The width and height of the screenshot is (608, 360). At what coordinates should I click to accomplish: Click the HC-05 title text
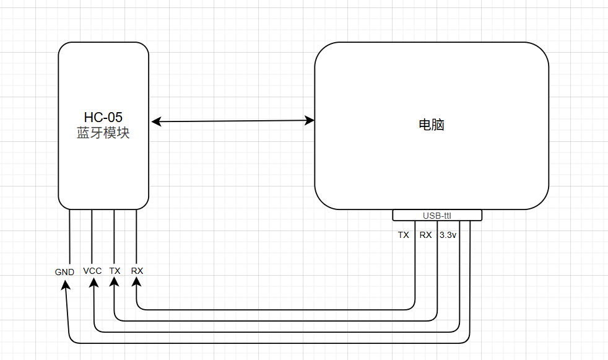pyautogui.click(x=103, y=117)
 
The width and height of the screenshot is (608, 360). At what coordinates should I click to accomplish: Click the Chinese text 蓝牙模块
pyautogui.click(x=103, y=133)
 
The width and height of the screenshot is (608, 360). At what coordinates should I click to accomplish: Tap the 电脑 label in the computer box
pyautogui.click(x=432, y=125)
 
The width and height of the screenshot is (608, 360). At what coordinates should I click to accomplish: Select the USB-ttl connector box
pyautogui.click(x=437, y=215)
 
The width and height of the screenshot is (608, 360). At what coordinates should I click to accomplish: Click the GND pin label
pyautogui.click(x=64, y=272)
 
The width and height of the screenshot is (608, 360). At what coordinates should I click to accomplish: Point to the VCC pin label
pyautogui.click(x=92, y=271)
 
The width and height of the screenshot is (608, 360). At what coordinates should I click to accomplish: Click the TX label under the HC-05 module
pyautogui.click(x=115, y=271)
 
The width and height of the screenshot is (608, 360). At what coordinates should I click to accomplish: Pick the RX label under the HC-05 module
pyautogui.click(x=137, y=271)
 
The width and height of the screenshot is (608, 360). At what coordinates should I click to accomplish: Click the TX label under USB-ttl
pyautogui.click(x=404, y=235)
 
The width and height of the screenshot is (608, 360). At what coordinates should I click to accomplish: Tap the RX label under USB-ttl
pyautogui.click(x=425, y=235)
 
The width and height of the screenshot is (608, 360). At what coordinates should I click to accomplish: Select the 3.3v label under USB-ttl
pyautogui.click(x=448, y=235)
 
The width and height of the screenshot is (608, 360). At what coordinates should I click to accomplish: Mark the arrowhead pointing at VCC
pyautogui.click(x=93, y=283)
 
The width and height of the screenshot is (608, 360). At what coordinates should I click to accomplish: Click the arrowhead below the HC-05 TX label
pyautogui.click(x=115, y=283)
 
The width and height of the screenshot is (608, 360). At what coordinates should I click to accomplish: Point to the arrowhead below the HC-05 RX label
pyautogui.click(x=137, y=283)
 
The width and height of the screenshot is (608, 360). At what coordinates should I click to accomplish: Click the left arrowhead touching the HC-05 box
pyautogui.click(x=157, y=121)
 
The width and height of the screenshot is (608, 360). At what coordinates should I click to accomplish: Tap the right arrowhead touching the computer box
pyautogui.click(x=309, y=120)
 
